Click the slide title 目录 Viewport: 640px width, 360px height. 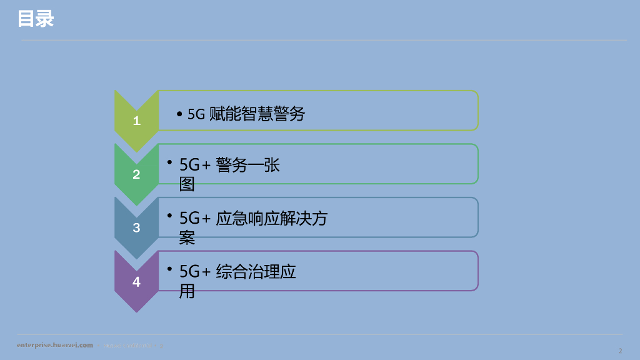[x=36, y=19]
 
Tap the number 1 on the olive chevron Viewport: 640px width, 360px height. [x=137, y=121]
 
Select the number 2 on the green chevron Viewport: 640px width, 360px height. [x=137, y=175]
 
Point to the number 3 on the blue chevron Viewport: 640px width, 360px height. [x=137, y=228]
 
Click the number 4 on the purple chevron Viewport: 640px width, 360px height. [x=137, y=282]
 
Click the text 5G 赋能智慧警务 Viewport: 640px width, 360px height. [x=246, y=114]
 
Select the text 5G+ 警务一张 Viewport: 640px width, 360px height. [x=229, y=165]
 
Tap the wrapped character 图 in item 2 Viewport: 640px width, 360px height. [x=187, y=184]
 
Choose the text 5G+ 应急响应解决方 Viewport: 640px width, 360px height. [x=253, y=218]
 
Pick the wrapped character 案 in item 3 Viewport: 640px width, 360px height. [x=187, y=237]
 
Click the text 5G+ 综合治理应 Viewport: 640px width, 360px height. [x=237, y=272]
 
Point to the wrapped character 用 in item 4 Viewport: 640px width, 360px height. [x=187, y=291]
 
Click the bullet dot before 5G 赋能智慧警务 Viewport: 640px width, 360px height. [x=179, y=114]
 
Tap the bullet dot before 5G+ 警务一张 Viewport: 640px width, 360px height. [x=169, y=162]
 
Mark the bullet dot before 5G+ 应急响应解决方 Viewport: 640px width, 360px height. [x=169, y=215]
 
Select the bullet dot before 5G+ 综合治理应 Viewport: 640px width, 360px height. [x=169, y=269]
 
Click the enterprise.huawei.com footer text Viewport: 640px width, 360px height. [x=55, y=345]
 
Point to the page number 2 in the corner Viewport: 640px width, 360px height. [x=619, y=350]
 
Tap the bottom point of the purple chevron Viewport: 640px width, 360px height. [x=137, y=311]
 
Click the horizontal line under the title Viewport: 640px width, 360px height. [x=324, y=41]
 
